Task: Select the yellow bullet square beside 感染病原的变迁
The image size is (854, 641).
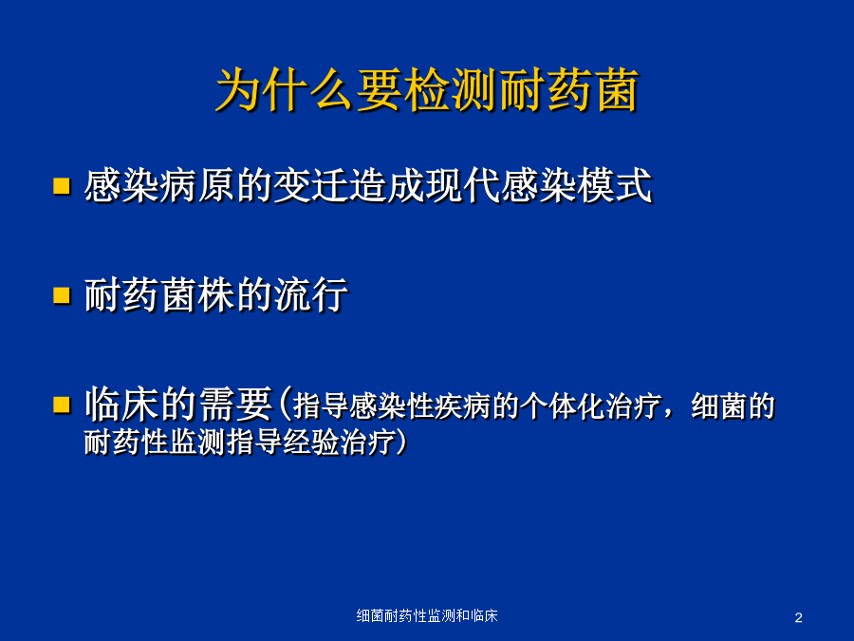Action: (62, 185)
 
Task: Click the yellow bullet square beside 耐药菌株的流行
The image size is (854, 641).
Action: (62, 295)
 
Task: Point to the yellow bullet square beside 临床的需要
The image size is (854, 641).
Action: (62, 405)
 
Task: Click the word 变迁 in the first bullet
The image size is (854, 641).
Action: (310, 186)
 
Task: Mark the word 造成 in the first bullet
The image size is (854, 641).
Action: (386, 186)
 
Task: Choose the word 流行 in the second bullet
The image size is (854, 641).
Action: (310, 295)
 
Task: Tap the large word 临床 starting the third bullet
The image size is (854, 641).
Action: (122, 405)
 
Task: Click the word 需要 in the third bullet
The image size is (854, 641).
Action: (235, 405)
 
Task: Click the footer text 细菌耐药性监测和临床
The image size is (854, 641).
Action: (427, 616)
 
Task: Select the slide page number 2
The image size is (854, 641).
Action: (798, 618)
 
